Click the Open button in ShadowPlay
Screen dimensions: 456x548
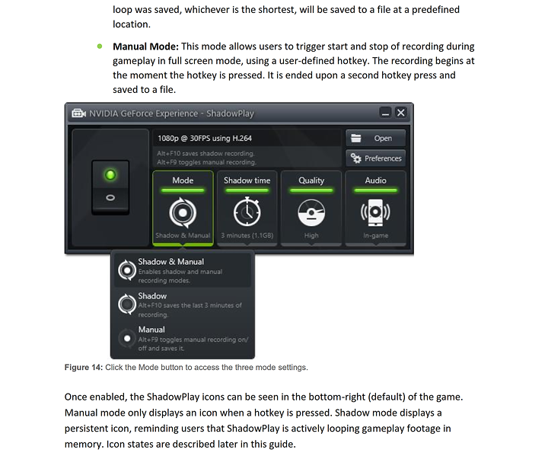pos(375,139)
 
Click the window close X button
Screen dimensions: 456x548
pos(401,113)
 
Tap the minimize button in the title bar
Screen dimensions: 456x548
pos(385,113)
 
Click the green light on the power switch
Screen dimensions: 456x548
pos(110,176)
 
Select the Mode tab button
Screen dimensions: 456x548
pos(183,181)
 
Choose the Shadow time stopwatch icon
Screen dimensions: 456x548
pos(247,213)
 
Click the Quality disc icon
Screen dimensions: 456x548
pos(311,213)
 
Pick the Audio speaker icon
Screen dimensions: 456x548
pos(375,213)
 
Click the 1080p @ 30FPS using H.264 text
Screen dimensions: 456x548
pos(205,139)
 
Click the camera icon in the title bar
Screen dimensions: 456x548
pos(78,113)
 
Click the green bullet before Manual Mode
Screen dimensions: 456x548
pos(99,46)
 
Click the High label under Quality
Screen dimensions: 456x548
pos(311,236)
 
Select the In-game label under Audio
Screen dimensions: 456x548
pos(375,236)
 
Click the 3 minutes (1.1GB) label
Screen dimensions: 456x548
pos(247,236)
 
